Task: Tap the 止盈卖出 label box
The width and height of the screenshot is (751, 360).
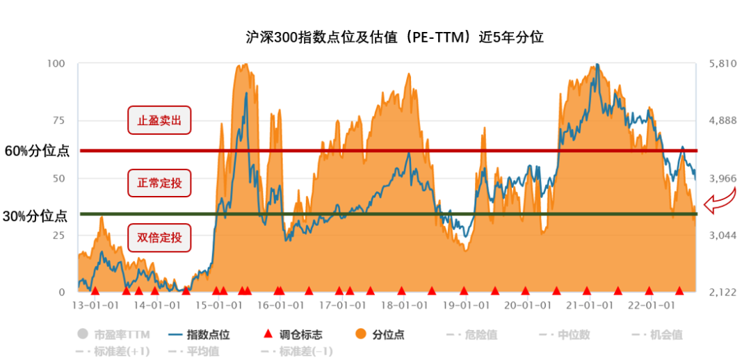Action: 159,120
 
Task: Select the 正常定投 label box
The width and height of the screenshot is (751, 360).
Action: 159,183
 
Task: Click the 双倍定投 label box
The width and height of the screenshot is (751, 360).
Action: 159,238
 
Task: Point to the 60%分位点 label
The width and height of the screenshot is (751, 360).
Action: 37,151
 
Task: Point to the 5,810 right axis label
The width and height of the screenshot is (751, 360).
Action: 722,63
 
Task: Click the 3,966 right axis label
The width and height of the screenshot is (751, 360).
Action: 722,179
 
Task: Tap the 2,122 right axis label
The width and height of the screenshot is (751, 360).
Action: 722,293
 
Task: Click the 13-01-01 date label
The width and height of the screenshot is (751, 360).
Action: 93,305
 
